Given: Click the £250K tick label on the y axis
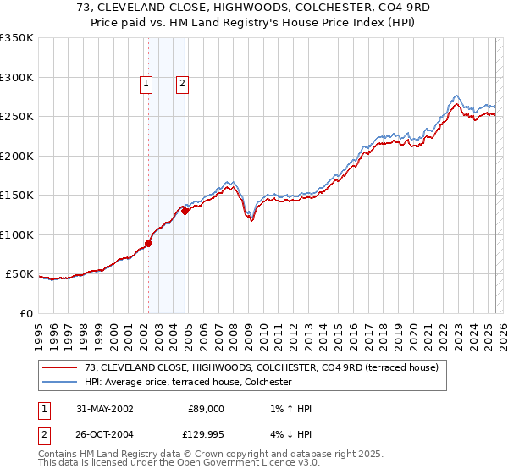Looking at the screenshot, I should pyautogui.click(x=16, y=117).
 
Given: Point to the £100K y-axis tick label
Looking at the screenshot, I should pyautogui.click(x=16, y=235).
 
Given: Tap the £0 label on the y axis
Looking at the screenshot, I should pyautogui.click(x=26, y=314).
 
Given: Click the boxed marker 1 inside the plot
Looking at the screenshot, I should pyautogui.click(x=146, y=83).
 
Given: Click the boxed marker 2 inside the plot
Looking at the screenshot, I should pyautogui.click(x=182, y=83).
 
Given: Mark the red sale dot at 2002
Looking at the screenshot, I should pyautogui.click(x=149, y=244).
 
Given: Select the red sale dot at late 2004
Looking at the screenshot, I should pyautogui.click(x=185, y=212).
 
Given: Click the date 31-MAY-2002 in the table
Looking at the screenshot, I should pyautogui.click(x=98, y=409).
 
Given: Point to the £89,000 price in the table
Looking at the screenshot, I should pyautogui.click(x=204, y=409).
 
